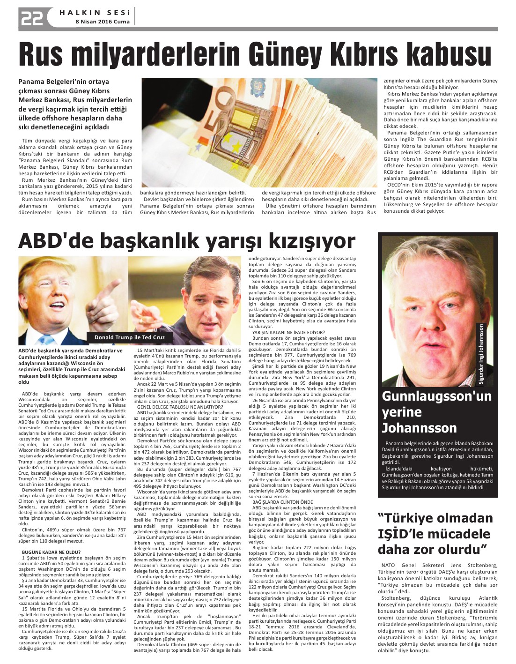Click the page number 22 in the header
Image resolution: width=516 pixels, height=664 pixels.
click(31, 18)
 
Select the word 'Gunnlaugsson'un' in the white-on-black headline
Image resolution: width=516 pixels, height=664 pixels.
click(436, 396)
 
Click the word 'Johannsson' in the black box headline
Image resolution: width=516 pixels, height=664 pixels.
click(419, 428)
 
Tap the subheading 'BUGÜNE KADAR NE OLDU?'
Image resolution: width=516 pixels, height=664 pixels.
click(51, 552)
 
